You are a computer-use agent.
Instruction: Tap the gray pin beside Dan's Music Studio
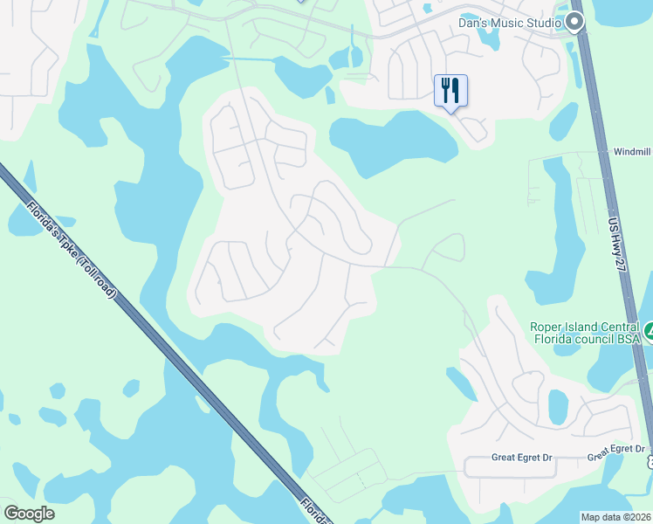[574, 22]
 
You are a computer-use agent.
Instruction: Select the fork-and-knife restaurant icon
[450, 90]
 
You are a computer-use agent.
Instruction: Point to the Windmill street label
[633, 151]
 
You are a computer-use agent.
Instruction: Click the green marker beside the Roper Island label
[649, 333]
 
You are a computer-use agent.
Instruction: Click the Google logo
[29, 514]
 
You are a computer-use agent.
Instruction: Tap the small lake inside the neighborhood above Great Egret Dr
[558, 405]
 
